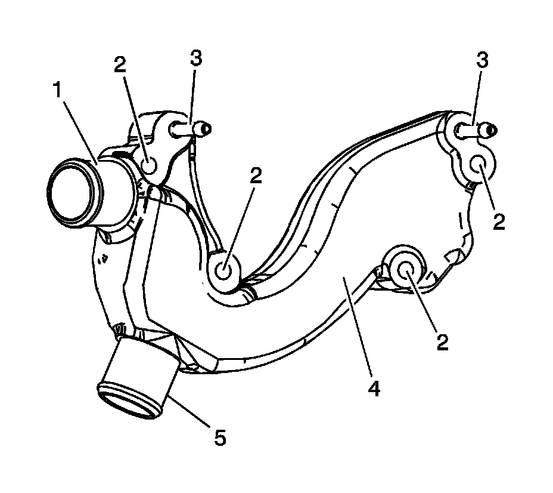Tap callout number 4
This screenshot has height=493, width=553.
[x=373, y=388]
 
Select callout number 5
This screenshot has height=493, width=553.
[x=220, y=439]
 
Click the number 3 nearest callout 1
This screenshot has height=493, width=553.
[x=195, y=58]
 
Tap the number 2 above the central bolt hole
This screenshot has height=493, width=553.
[x=256, y=176]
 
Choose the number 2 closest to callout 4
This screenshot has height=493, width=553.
[x=442, y=341]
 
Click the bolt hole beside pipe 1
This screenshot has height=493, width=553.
[x=149, y=162]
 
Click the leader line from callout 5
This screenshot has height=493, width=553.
[x=189, y=410]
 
